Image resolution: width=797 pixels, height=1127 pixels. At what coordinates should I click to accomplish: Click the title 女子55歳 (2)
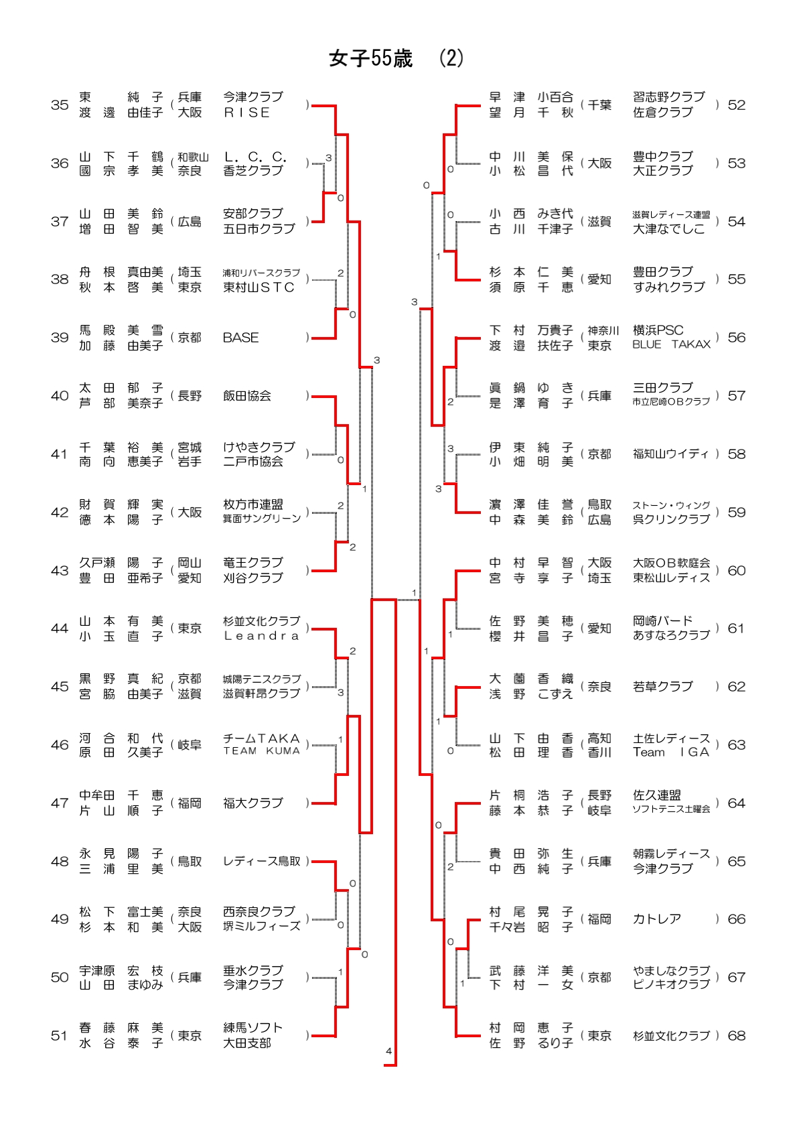396,59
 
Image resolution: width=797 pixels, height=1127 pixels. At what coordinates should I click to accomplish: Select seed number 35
60,105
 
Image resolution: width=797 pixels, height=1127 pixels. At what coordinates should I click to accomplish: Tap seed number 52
736,105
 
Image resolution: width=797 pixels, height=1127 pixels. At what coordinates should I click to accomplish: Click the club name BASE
240,338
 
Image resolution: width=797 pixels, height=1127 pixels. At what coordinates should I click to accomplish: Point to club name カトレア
656,919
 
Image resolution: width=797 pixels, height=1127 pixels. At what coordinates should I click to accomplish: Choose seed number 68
736,1035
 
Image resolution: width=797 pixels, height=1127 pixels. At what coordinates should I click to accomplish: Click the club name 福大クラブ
252,803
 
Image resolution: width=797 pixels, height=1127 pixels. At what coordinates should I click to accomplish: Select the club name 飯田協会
246,396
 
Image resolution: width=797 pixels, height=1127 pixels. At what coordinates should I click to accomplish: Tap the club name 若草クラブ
662,686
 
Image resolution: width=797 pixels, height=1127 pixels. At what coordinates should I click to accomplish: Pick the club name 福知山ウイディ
670,454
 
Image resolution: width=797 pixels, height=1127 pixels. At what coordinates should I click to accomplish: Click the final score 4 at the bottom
388,1051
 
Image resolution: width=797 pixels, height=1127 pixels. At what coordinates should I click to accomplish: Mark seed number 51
60,1035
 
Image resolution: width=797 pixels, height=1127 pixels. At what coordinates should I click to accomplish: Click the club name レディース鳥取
261,861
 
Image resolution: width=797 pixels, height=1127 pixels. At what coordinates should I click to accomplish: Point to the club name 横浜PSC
658,330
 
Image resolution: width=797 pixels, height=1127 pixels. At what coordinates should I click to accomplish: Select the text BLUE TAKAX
671,344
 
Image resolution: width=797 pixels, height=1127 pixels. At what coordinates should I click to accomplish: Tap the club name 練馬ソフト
252,1028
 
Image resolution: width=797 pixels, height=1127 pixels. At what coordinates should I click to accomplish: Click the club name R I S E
246,113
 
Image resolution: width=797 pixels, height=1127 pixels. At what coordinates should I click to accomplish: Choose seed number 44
60,628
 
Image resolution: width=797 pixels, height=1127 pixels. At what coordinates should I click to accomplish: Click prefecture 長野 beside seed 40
190,396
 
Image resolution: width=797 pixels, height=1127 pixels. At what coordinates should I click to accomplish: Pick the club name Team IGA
670,752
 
